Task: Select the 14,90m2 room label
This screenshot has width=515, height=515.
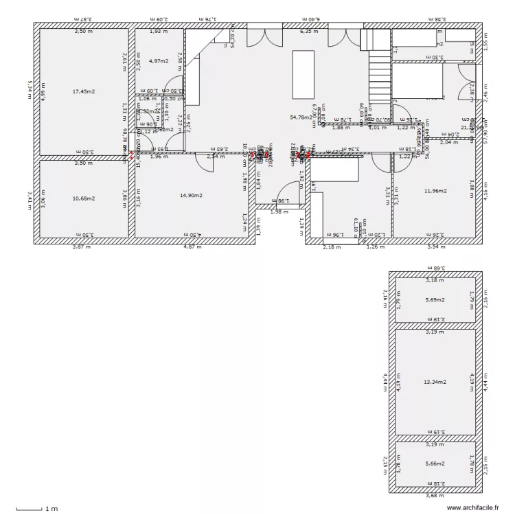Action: pyautogui.click(x=192, y=196)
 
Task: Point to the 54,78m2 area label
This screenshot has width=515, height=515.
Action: pyautogui.click(x=301, y=117)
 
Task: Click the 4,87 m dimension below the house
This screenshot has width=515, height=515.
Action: pyautogui.click(x=192, y=247)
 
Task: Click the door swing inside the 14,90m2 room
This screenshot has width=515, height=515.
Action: pyautogui.click(x=205, y=162)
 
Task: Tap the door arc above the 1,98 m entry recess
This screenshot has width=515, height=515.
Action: pyautogui.click(x=284, y=192)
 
